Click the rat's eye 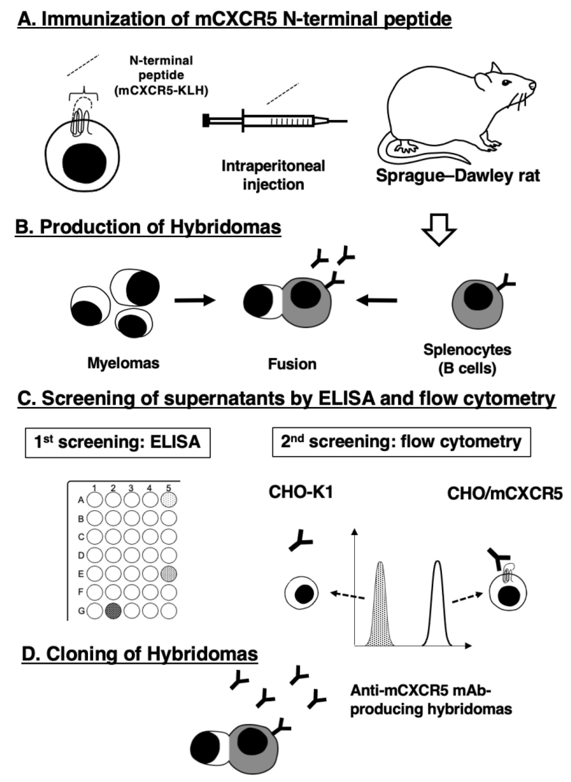pyautogui.click(x=506, y=82)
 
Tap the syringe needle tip pyautogui.click(x=347, y=121)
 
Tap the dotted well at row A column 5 pyautogui.click(x=169, y=500)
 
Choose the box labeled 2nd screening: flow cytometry pyautogui.click(x=402, y=442)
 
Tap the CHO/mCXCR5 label pyautogui.click(x=505, y=494)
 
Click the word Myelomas pyautogui.click(x=124, y=363)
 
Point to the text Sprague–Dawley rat pyautogui.click(x=458, y=176)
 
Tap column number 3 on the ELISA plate pyautogui.click(x=131, y=488)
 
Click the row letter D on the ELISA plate pyautogui.click(x=81, y=556)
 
